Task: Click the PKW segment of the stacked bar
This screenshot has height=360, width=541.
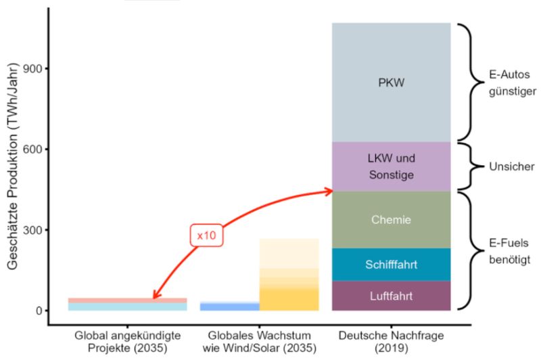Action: tap(391, 83)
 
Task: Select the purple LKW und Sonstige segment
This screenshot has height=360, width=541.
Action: tap(391, 166)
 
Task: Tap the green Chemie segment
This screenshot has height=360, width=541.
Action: tap(391, 219)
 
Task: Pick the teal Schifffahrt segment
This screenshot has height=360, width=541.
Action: tap(391, 265)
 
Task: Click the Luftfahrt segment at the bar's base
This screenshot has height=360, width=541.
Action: tap(391, 296)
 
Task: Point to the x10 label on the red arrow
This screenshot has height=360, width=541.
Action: tap(206, 235)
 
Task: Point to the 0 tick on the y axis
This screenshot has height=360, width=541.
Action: tap(39, 311)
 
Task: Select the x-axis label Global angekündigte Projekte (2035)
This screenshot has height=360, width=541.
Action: tap(127, 343)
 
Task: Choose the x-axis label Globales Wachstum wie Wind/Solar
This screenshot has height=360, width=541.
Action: tap(260, 343)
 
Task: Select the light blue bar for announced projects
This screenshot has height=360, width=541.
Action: tap(127, 307)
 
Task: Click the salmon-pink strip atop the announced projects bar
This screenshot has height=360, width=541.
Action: tap(127, 300)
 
